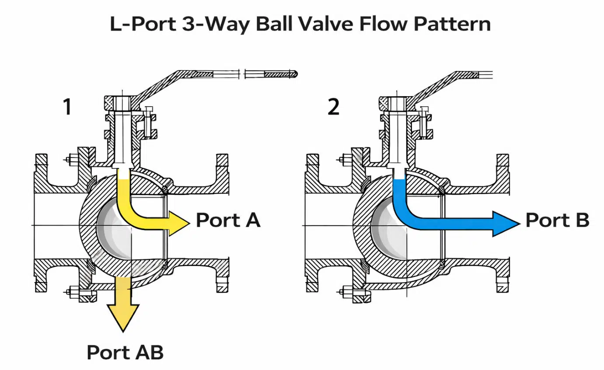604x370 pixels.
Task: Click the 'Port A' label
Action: [228, 220]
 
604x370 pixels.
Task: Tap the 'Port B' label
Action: [557, 220]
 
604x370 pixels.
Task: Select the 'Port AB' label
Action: [125, 352]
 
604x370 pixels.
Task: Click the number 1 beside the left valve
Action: [67, 107]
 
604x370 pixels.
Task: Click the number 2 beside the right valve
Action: [333, 107]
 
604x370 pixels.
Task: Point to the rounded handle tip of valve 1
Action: [296, 74]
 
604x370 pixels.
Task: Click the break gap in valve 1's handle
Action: [243, 74]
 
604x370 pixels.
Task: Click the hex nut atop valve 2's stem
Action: [396, 103]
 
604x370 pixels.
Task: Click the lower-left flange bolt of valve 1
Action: [70, 291]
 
